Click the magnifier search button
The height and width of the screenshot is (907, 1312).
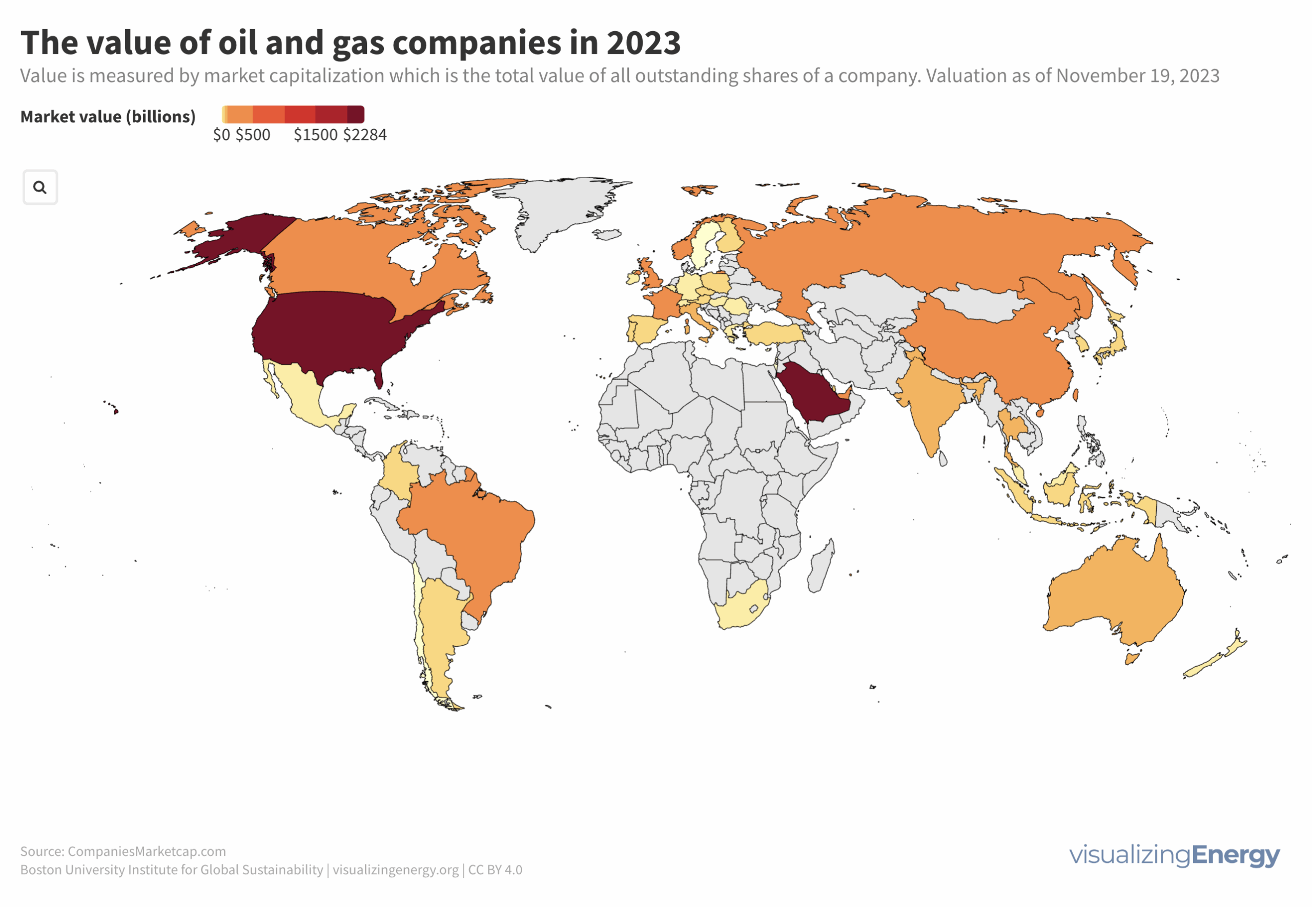tap(40, 187)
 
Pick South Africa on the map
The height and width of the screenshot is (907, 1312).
tap(740, 611)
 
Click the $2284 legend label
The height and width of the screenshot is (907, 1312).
tap(364, 135)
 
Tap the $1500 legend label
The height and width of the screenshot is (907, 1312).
tap(315, 135)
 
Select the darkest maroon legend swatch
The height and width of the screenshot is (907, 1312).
tap(356, 114)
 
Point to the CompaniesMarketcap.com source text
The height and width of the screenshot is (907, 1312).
tap(146, 851)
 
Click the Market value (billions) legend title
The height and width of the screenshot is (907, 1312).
tap(108, 116)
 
